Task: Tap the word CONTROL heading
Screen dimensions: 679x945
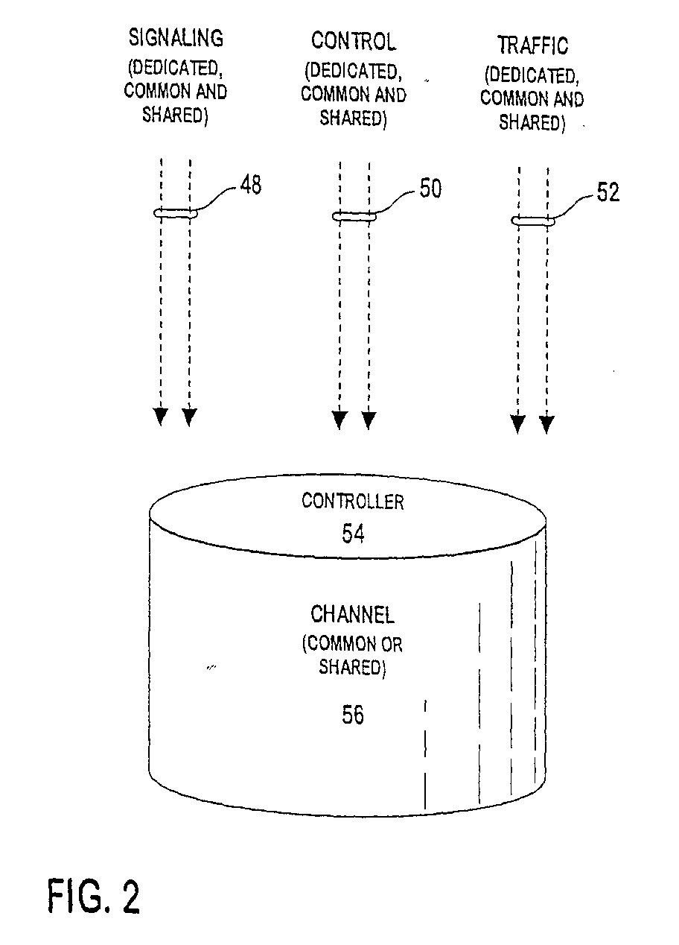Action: [354, 41]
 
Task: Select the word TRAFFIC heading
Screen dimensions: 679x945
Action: [533, 45]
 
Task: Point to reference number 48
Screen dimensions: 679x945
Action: [251, 184]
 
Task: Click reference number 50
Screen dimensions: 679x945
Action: [430, 188]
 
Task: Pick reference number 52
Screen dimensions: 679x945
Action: [608, 192]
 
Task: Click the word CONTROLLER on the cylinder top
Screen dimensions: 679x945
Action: [353, 502]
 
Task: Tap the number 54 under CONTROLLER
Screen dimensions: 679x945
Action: [353, 534]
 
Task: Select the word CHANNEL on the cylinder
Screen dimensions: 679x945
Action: [352, 614]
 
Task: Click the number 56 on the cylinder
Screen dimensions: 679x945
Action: [353, 715]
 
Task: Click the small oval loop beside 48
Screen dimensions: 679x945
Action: [176, 213]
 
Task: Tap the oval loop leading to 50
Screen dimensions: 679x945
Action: [354, 216]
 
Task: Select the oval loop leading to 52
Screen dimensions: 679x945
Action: [533, 221]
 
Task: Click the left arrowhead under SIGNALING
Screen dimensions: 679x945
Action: [161, 417]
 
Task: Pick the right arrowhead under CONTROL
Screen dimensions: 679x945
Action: [369, 420]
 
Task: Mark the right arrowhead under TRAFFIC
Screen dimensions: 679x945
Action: [546, 424]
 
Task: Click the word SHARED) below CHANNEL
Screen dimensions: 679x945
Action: [352, 667]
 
